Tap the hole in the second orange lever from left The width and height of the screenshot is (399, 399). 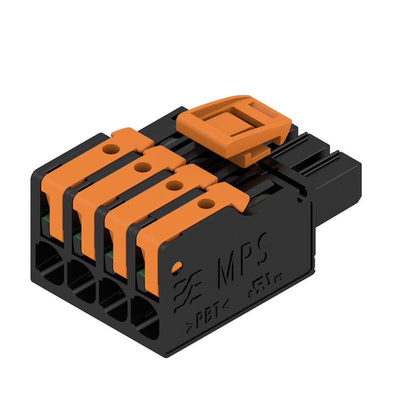(x=143, y=167)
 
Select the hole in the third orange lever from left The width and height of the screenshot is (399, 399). (x=174, y=186)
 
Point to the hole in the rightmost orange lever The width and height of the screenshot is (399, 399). (x=204, y=203)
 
